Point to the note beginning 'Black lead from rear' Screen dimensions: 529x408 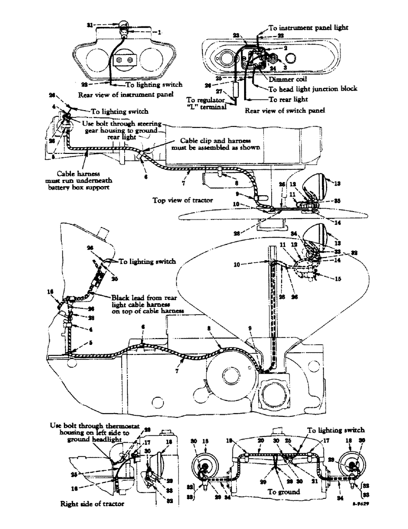141,303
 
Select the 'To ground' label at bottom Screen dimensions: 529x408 285,491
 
